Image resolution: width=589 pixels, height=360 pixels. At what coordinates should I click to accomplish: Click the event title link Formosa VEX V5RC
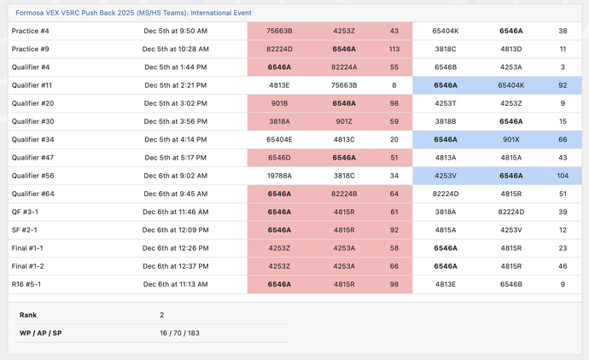click(x=133, y=13)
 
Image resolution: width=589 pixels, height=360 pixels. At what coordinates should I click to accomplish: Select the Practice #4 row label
click(x=30, y=31)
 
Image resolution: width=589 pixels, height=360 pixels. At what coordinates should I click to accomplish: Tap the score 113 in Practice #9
click(x=394, y=49)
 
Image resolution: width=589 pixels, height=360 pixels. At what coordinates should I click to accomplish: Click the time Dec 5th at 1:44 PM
click(x=176, y=67)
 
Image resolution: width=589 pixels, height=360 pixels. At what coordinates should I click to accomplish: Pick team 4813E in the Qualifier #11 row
click(x=279, y=85)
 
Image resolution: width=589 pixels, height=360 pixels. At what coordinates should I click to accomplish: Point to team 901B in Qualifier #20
click(x=279, y=103)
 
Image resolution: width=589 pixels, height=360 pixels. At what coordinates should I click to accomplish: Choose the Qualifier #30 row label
click(x=32, y=121)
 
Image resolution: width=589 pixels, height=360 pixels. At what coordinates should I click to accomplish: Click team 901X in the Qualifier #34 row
click(x=510, y=140)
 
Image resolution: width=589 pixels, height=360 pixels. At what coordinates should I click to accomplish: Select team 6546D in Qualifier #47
click(x=279, y=158)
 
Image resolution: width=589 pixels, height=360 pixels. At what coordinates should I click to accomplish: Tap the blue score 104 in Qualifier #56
click(x=563, y=176)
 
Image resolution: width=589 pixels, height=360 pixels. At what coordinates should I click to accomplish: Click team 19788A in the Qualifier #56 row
click(x=279, y=176)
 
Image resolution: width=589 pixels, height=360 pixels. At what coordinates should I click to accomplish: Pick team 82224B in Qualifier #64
click(x=344, y=194)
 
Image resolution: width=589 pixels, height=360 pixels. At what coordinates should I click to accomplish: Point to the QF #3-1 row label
click(x=25, y=212)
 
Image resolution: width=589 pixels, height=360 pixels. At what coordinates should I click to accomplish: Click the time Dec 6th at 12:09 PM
click(x=176, y=230)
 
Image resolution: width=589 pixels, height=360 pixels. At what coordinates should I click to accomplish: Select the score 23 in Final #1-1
click(x=563, y=248)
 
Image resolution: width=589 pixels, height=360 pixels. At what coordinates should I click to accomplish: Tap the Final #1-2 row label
click(x=27, y=266)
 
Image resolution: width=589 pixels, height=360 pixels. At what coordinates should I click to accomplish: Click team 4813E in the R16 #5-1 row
click(x=446, y=284)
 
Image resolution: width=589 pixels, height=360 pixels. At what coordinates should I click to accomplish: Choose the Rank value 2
click(x=162, y=315)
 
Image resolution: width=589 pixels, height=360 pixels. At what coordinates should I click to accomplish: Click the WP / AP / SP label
click(x=41, y=333)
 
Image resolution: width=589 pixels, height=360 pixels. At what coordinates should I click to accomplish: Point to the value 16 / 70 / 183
click(x=179, y=333)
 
